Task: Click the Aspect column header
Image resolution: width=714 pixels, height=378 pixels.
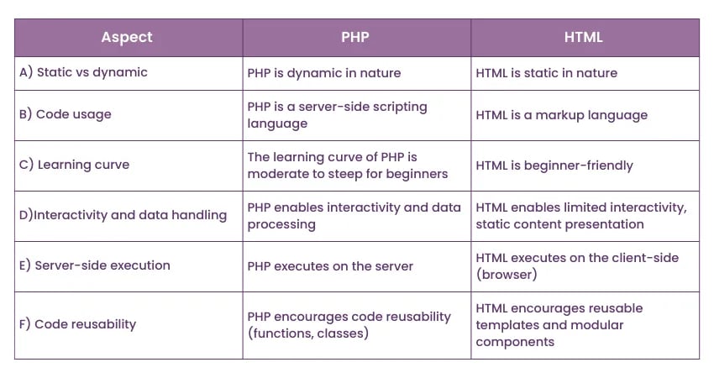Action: coord(127,37)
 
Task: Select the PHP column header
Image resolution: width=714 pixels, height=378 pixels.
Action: coord(356,37)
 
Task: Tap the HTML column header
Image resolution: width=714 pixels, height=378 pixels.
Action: coord(585,37)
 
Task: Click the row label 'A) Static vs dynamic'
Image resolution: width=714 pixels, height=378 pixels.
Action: coord(83,72)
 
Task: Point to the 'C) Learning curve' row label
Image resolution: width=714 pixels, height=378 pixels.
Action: coord(74,165)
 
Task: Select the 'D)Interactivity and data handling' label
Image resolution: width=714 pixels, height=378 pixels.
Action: coord(123,215)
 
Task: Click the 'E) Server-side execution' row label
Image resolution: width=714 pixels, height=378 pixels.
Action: coord(94,265)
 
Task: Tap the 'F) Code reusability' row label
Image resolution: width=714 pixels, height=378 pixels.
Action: coord(77,324)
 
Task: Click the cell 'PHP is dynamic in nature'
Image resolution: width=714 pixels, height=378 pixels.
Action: coord(324,73)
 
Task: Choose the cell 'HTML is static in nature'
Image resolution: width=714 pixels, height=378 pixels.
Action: coord(546,73)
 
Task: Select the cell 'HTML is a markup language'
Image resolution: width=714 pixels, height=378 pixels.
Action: coord(561,115)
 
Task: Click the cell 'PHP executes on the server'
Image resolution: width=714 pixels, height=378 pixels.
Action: coord(330,266)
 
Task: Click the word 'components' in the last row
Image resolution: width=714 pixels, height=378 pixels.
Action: coord(515,342)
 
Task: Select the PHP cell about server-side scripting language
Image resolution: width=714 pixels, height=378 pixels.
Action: coord(337,115)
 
